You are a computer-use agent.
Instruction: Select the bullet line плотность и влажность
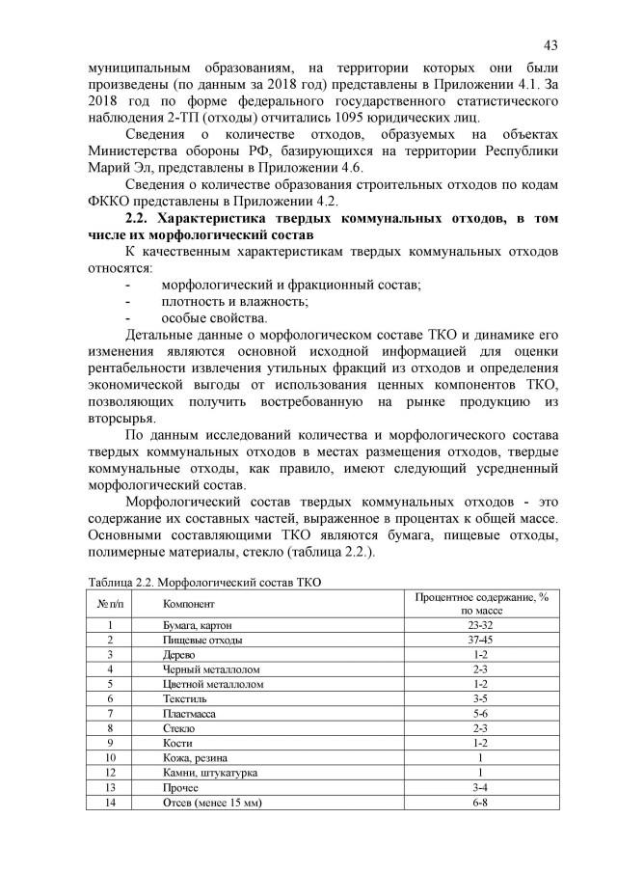(x=234, y=301)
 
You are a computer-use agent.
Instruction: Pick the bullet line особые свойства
(x=214, y=318)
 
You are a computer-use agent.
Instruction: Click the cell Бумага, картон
(x=198, y=626)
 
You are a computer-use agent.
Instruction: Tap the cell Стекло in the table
(x=180, y=727)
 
